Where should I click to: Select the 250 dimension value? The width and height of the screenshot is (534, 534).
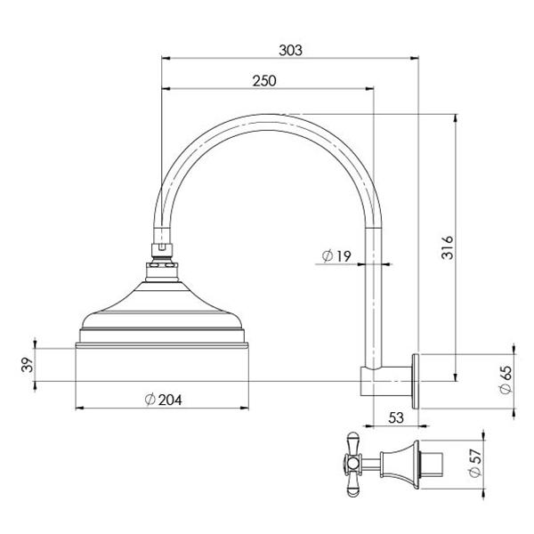click(x=263, y=80)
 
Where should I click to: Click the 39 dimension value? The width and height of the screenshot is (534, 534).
click(x=26, y=365)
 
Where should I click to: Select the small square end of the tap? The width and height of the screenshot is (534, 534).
click(x=435, y=463)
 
